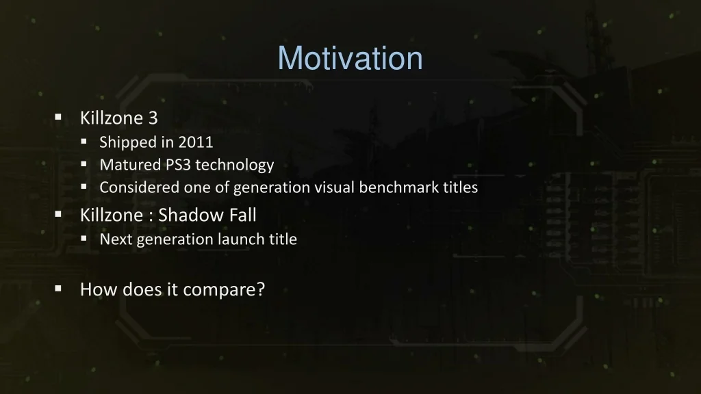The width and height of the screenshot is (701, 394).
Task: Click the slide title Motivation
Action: click(350, 58)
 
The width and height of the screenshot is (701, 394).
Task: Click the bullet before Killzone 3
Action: click(58, 118)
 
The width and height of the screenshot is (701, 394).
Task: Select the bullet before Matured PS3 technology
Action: click(84, 165)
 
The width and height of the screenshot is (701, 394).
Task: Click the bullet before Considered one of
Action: click(84, 187)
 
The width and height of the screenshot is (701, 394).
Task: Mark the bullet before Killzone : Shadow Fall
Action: click(58, 214)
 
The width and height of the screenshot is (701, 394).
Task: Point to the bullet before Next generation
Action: click(84, 239)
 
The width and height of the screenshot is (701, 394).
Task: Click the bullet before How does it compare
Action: click(58, 289)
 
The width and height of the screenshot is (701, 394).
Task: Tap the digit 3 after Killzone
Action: click(153, 118)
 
